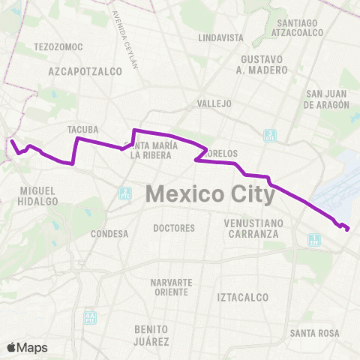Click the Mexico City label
[210, 193]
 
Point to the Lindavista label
[221, 37]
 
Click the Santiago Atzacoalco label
[299, 28]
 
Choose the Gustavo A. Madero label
[263, 64]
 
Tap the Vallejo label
[214, 103]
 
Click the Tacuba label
[83, 129]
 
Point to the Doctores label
[173, 228]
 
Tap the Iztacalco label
[242, 297]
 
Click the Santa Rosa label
[314, 332]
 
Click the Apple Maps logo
[27, 347]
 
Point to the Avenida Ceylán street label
[125, 37]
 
